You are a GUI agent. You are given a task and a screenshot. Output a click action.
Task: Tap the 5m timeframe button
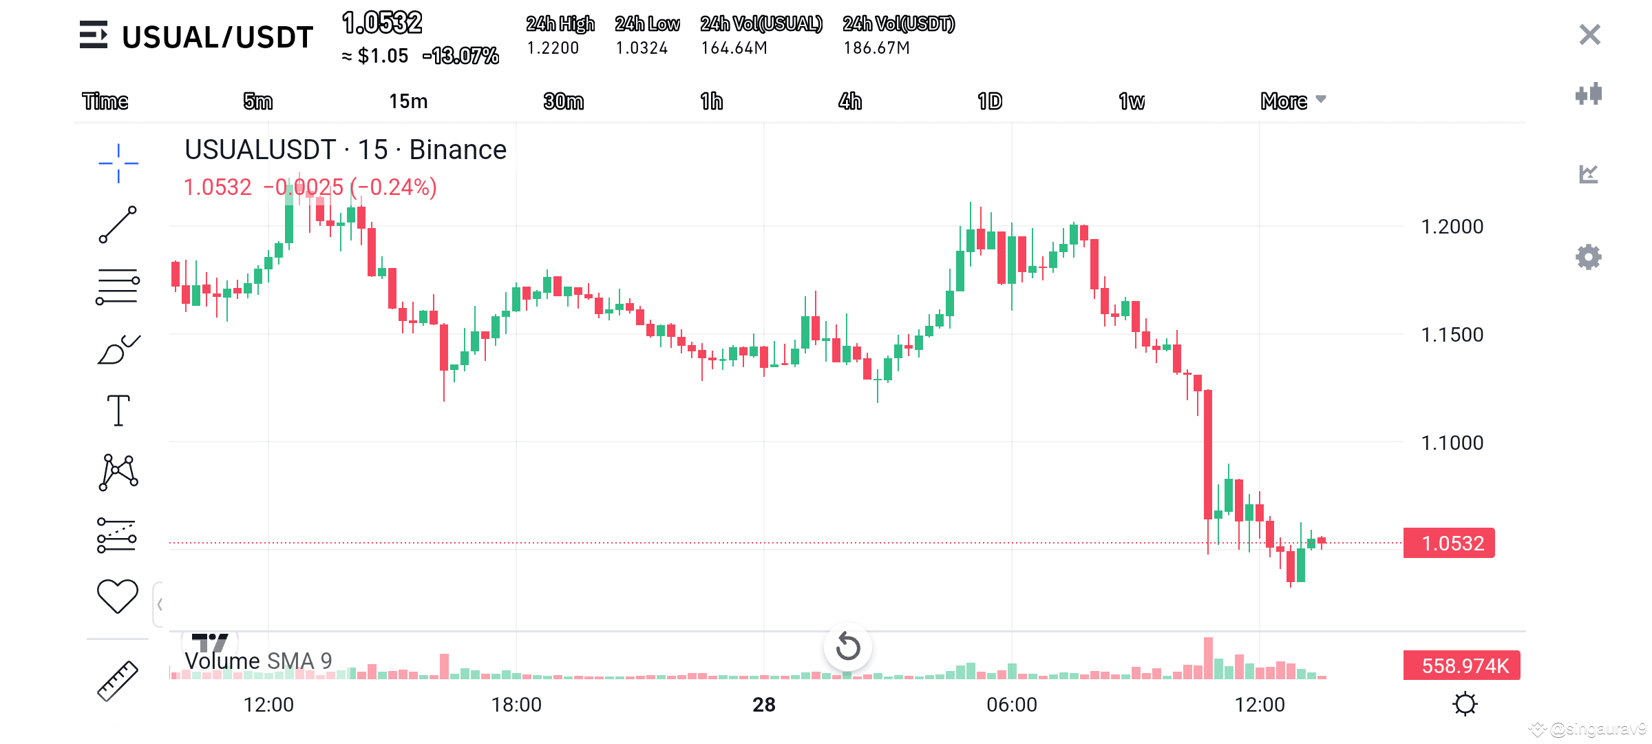pos(258,101)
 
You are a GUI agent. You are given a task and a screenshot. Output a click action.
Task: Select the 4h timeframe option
pos(850,101)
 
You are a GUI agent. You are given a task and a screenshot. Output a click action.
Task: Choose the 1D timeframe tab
pos(990,101)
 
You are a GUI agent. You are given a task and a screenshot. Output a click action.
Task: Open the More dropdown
pos(1293,101)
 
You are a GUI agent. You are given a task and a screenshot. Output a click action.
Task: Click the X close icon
pos(1589,34)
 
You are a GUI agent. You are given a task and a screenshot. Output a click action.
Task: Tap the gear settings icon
pos(1589,257)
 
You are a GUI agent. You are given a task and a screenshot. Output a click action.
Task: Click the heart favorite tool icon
pos(118,596)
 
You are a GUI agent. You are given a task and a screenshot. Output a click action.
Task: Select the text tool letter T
pos(118,411)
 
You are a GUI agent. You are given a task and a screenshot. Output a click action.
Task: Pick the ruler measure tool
pos(118,681)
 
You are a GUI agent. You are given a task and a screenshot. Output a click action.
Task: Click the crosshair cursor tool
pos(118,163)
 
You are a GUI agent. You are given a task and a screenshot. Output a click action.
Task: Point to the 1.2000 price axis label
pos(1452,227)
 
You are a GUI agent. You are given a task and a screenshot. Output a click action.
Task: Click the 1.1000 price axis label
pos(1452,443)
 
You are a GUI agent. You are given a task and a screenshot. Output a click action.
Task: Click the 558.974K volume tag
pos(1462,665)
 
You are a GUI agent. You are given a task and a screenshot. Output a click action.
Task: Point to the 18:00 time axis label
pos(516,705)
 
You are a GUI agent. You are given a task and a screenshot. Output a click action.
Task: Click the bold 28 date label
pos(764,705)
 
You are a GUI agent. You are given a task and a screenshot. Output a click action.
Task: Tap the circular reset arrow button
pos(848,647)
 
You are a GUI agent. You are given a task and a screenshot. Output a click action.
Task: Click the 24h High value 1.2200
pos(553,48)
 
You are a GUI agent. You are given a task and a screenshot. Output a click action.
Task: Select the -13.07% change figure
pos(461,56)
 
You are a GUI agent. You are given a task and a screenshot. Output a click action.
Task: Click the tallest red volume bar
pos(1208,659)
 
